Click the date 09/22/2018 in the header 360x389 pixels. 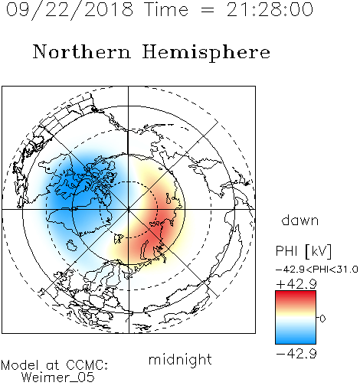coord(70,9)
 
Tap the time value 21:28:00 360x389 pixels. coord(270,9)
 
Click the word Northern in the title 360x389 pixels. coord(82,51)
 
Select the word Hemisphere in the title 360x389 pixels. coord(206,53)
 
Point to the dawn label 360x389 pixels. coord(300,220)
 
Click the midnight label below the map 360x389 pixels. coord(180,360)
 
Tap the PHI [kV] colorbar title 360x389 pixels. coord(303,251)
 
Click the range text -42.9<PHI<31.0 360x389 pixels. coord(317,270)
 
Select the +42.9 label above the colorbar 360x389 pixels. coord(296,284)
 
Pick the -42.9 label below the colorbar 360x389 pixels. coord(296,354)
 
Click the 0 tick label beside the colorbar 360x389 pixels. coord(322,319)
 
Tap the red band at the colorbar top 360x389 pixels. coord(296,296)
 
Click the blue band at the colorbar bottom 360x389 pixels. coord(296,338)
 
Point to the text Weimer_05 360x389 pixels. coord(58,378)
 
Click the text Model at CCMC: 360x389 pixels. coord(54,365)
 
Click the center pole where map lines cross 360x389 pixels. coord(128,209)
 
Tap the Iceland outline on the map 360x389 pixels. coord(72,245)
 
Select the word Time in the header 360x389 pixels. coord(166,9)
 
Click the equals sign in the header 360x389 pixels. coord(208,10)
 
